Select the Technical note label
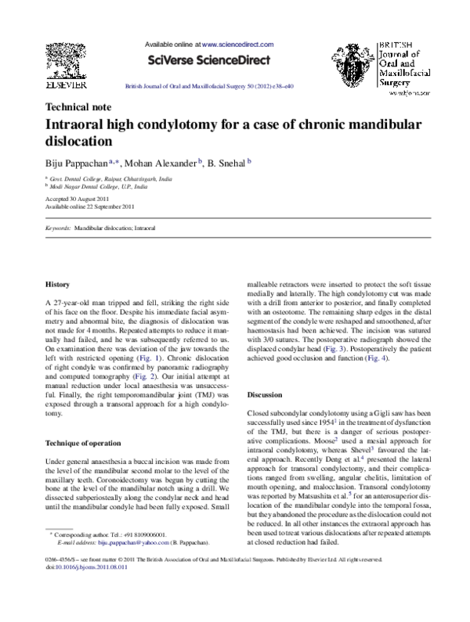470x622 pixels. pos(79,107)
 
